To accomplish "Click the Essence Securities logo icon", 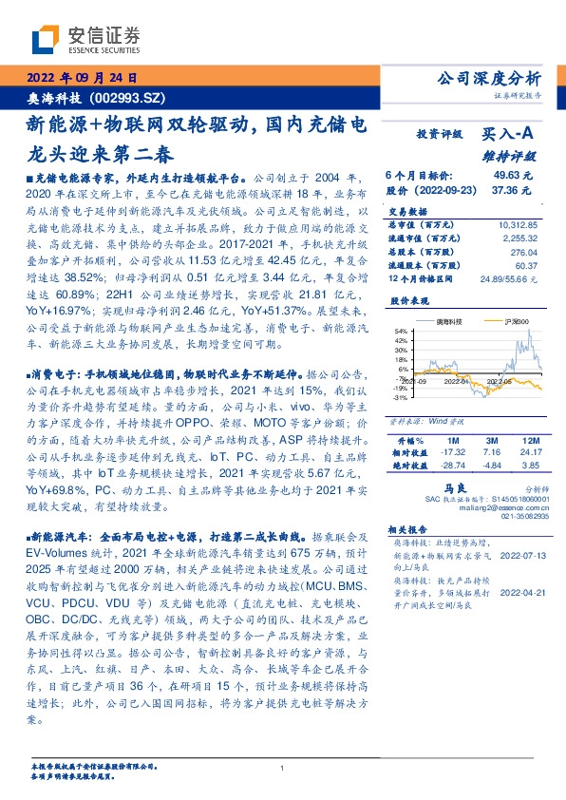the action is pyautogui.click(x=46, y=37).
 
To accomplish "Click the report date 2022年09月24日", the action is pyautogui.click(x=85, y=77).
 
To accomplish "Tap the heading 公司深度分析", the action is pyautogui.click(x=491, y=78).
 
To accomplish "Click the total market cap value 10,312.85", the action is pyautogui.click(x=517, y=224).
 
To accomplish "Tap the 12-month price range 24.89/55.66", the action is pyautogui.click(x=509, y=278).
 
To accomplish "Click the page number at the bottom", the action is pyautogui.click(x=283, y=769).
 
